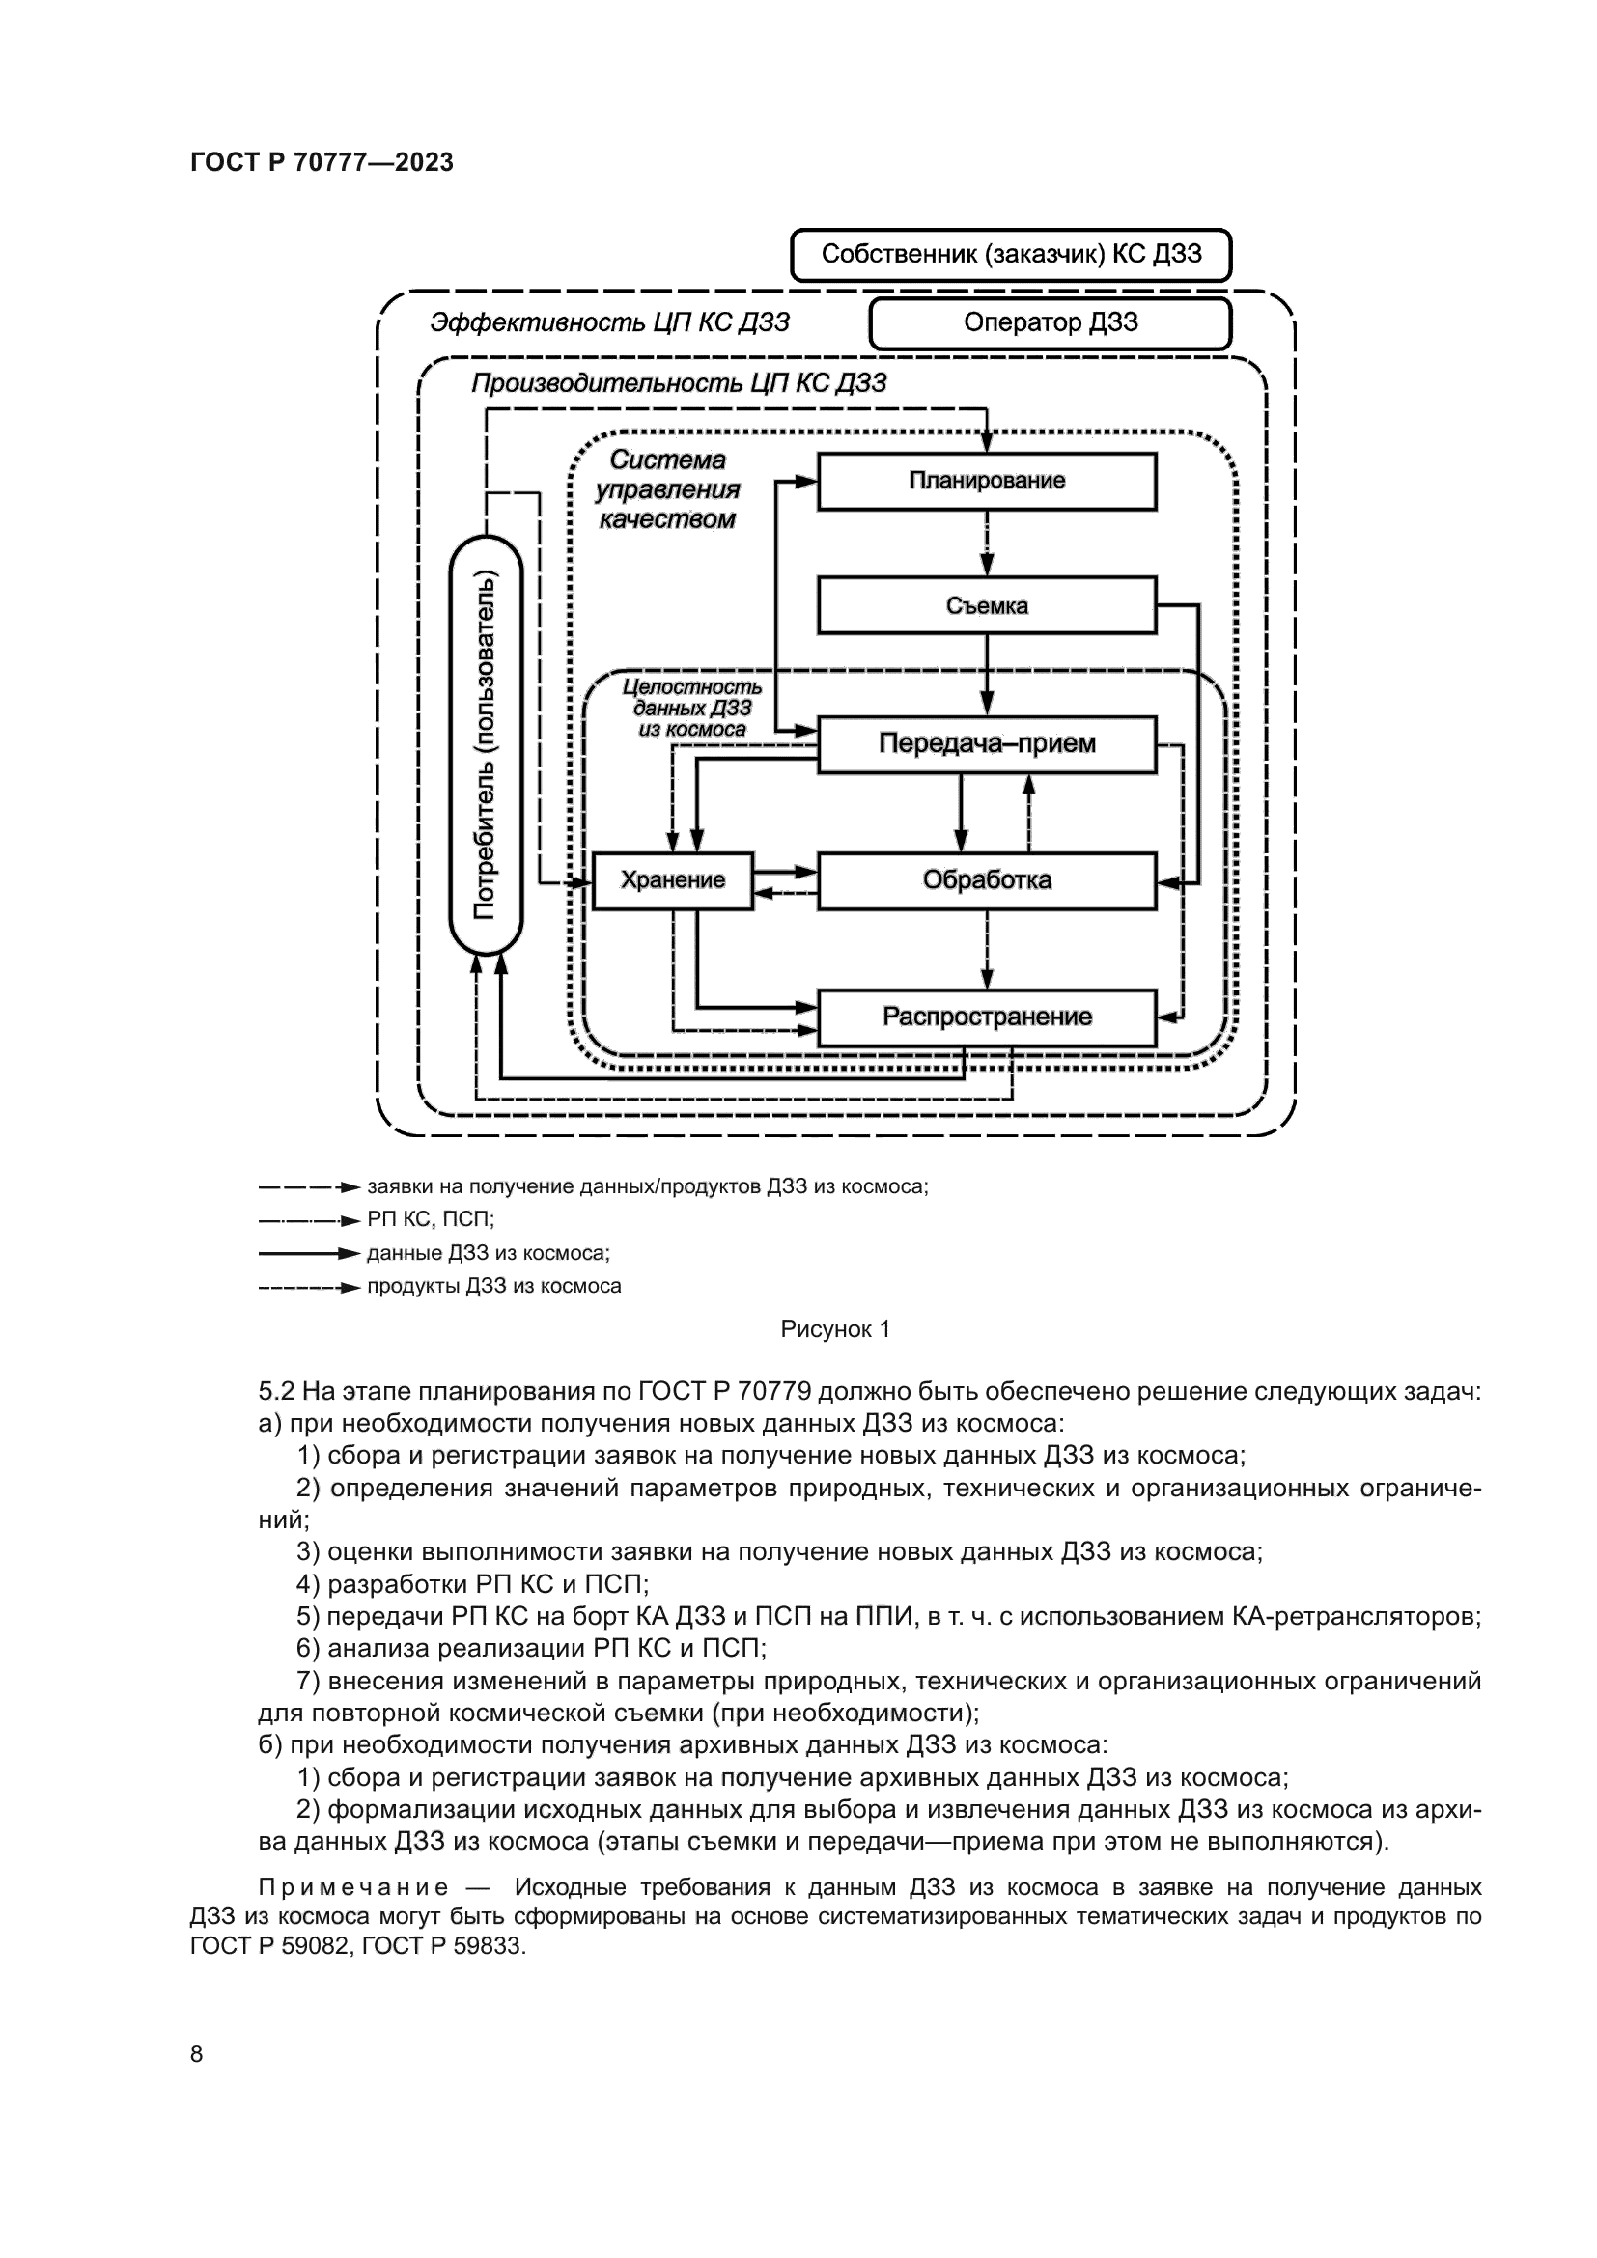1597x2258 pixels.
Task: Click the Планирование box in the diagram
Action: [987, 481]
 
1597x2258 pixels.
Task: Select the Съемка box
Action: [987, 605]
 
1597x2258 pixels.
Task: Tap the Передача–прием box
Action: [987, 743]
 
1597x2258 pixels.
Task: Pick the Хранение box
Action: [673, 880]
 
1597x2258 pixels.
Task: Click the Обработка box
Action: [987, 880]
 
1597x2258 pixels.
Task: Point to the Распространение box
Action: [987, 1017]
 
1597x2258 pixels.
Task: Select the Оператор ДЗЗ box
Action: [1051, 323]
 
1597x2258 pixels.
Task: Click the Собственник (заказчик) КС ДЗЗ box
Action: [1011, 255]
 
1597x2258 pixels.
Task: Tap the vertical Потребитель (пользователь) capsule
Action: [486, 744]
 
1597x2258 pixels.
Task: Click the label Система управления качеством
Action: [669, 488]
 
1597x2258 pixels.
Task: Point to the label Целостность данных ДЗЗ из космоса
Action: [692, 708]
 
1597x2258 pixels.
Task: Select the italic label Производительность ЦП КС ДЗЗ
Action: [679, 383]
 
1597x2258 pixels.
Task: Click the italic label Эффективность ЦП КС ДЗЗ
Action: [609, 323]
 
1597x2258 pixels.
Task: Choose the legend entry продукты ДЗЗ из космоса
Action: [493, 1286]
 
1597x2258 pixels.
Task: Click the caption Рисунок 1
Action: [835, 1329]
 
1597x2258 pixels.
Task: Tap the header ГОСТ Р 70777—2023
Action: [322, 163]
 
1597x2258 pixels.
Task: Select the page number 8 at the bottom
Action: [197, 2053]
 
